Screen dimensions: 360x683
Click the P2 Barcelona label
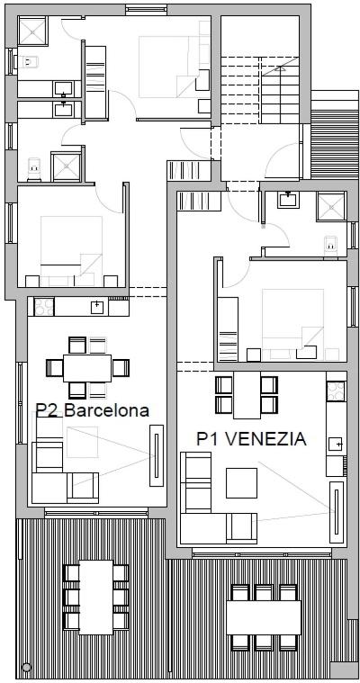(x=93, y=410)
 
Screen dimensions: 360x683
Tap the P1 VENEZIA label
(x=251, y=438)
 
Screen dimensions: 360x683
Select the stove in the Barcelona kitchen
(x=44, y=306)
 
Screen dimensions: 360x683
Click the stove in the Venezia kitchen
(x=336, y=391)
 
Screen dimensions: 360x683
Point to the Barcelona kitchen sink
(x=97, y=307)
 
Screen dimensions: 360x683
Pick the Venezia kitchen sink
(x=336, y=444)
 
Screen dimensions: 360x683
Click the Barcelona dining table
(x=87, y=368)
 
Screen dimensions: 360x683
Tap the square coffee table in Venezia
(x=241, y=482)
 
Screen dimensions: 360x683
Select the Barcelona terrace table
(x=96, y=597)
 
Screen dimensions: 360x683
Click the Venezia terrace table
(x=264, y=617)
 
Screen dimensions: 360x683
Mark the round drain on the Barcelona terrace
(x=27, y=667)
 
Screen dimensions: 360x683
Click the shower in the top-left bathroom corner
(x=32, y=31)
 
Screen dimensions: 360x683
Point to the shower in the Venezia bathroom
(x=330, y=206)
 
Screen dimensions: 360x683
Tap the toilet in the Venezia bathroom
(x=331, y=245)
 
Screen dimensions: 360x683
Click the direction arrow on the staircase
(x=279, y=67)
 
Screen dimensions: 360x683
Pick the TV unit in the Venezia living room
(x=337, y=512)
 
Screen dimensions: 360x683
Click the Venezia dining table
(x=247, y=395)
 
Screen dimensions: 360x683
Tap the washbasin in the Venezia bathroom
(x=288, y=200)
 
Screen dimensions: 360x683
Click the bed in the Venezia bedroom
(x=292, y=324)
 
